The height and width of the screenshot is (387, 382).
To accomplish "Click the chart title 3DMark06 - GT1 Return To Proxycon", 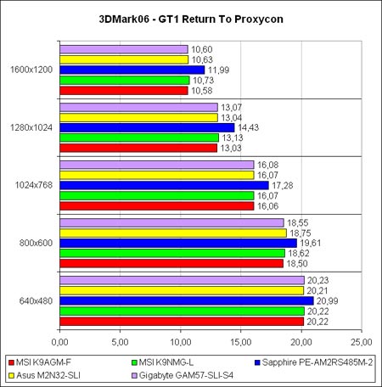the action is point(191,19).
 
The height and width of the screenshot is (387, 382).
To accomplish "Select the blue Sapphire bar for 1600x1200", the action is point(132,70).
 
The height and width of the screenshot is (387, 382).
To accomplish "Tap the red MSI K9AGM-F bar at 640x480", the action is point(182,322).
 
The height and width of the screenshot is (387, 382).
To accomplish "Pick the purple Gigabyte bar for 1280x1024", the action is point(138,107).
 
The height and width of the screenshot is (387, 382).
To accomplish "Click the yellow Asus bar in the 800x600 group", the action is point(173,233).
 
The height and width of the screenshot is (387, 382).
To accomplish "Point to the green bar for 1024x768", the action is point(157,195).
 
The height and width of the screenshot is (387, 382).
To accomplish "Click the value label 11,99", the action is point(218,70).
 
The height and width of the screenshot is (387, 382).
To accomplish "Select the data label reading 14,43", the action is point(248,127).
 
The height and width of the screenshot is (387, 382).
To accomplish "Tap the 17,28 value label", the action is point(283,186).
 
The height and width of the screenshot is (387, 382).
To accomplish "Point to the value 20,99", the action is point(328,301).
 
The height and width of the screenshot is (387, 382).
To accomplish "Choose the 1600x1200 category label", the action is point(31,70).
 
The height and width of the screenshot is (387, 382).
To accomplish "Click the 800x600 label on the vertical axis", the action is point(36,243).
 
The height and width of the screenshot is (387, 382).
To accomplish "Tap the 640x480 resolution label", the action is point(36,301).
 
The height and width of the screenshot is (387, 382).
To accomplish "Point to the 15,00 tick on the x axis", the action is point(241,342).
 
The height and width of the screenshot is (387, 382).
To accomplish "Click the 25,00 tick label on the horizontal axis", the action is point(362,342).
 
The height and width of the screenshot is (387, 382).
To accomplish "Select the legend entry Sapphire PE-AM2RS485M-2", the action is point(314,362).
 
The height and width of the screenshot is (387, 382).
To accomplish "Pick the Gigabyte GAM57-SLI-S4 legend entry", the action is point(183,375).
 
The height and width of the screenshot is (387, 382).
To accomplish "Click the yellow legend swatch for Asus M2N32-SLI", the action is point(11,376).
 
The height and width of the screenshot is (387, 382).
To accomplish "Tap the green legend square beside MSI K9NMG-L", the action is point(134,362).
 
